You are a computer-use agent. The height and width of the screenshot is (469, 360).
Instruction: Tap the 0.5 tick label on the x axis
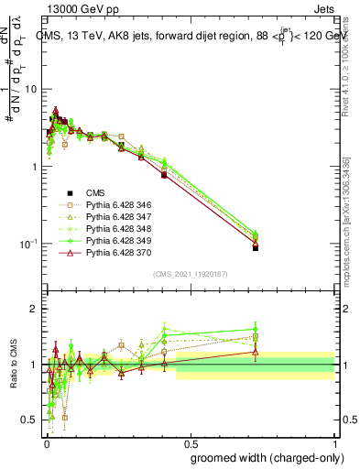pos(191,442)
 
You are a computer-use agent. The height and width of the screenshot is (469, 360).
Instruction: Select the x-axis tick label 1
pos(336,442)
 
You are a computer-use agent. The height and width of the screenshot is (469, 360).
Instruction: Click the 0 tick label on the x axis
pos(45,442)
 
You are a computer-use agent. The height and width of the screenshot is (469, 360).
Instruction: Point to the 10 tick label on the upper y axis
pos(32,90)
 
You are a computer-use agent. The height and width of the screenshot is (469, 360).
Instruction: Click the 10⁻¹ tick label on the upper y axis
pos(29,244)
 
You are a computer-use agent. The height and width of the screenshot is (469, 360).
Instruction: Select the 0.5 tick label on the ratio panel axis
pos(31,420)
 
